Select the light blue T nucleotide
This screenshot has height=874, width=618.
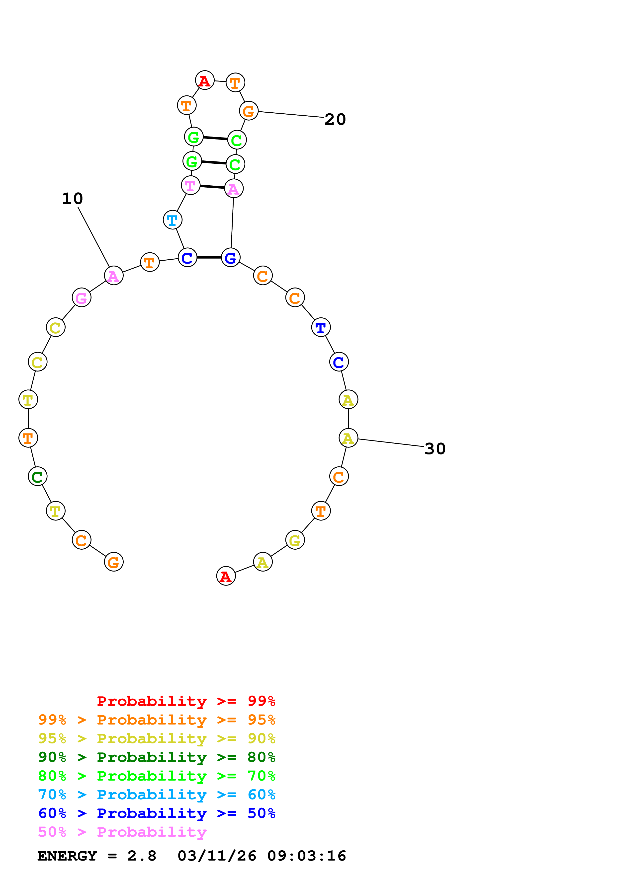pyautogui.click(x=173, y=220)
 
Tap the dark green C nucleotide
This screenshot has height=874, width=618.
pyautogui.click(x=37, y=476)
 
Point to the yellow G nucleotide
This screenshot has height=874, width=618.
pyautogui.click(x=295, y=540)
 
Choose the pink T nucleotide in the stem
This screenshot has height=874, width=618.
pyautogui.click(x=190, y=185)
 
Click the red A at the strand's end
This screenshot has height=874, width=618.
pyautogui.click(x=226, y=576)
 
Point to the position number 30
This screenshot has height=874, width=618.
pyautogui.click(x=435, y=449)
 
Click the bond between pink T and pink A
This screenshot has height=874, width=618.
pyautogui.click(x=212, y=187)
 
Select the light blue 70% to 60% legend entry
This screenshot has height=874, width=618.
pyautogui.click(x=157, y=795)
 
